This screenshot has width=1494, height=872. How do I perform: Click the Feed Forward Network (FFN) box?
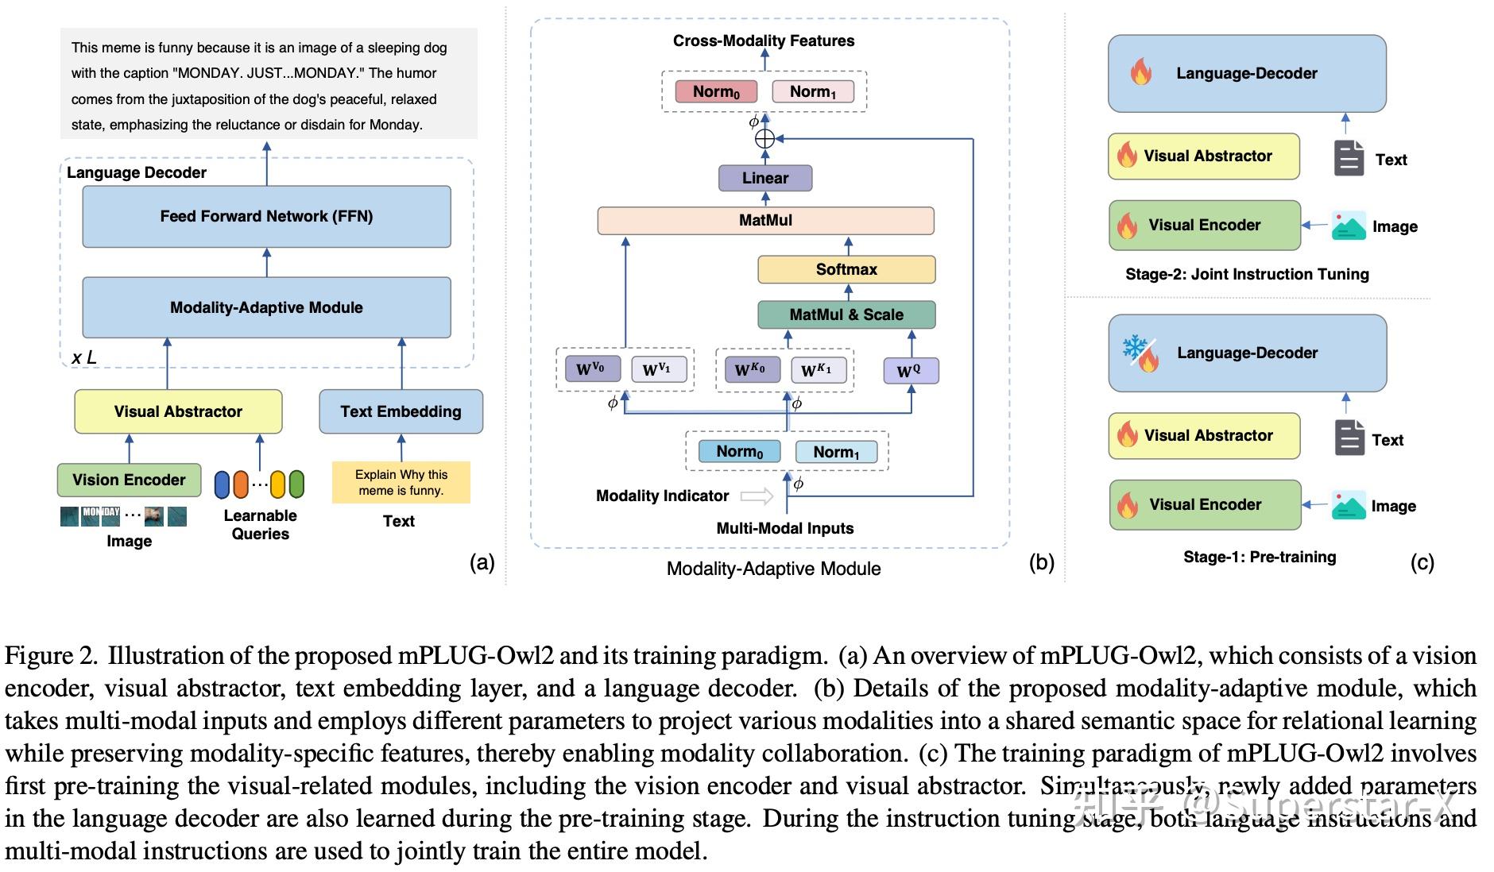[266, 216]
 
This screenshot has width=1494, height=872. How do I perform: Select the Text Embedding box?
[401, 411]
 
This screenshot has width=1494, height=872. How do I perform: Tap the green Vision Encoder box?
[129, 480]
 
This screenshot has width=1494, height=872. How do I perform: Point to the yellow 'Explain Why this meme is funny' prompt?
[401, 482]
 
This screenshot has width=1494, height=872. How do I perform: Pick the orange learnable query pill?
[241, 484]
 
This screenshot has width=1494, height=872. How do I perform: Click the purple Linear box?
[765, 178]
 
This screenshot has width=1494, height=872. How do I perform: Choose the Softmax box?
[846, 269]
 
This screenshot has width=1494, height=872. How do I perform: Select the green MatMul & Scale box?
[846, 314]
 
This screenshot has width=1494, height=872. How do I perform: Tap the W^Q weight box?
[911, 371]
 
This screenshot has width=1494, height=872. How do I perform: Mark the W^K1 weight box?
[818, 370]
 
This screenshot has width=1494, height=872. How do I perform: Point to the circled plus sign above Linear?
[764, 139]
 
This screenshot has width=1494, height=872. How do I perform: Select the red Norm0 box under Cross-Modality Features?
[716, 91]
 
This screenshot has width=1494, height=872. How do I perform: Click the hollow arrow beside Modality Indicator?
[757, 496]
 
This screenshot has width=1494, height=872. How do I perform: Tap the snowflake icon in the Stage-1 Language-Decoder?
[1132, 347]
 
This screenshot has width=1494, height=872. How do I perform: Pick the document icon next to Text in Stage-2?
[1349, 158]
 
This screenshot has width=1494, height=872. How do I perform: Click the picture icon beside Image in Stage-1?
[1349, 505]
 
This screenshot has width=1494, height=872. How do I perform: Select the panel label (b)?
[1041, 562]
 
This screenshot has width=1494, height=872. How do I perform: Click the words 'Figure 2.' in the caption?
[52, 656]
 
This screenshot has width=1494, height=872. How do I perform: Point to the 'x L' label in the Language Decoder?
[84, 357]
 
